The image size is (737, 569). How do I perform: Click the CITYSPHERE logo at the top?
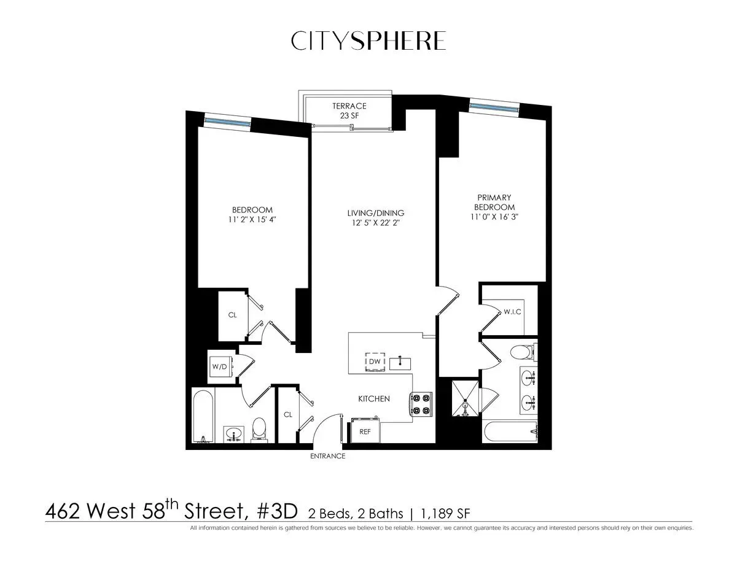[x=368, y=41]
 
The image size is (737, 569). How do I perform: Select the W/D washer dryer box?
[x=219, y=366]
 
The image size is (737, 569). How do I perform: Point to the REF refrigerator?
[x=365, y=431]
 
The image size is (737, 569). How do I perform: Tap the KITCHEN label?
[x=374, y=399]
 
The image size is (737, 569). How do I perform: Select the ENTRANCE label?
[x=328, y=457]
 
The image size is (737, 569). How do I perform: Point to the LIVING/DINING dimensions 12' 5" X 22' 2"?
[x=375, y=223]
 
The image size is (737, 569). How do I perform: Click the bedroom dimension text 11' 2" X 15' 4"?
[x=252, y=219]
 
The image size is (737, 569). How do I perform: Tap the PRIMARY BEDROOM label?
[x=494, y=202]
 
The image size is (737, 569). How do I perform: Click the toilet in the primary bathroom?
[x=522, y=352]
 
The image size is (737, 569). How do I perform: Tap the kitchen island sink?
[x=399, y=362]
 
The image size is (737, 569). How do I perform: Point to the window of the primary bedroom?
[x=493, y=107]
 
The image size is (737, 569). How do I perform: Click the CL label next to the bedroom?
[x=232, y=315]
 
